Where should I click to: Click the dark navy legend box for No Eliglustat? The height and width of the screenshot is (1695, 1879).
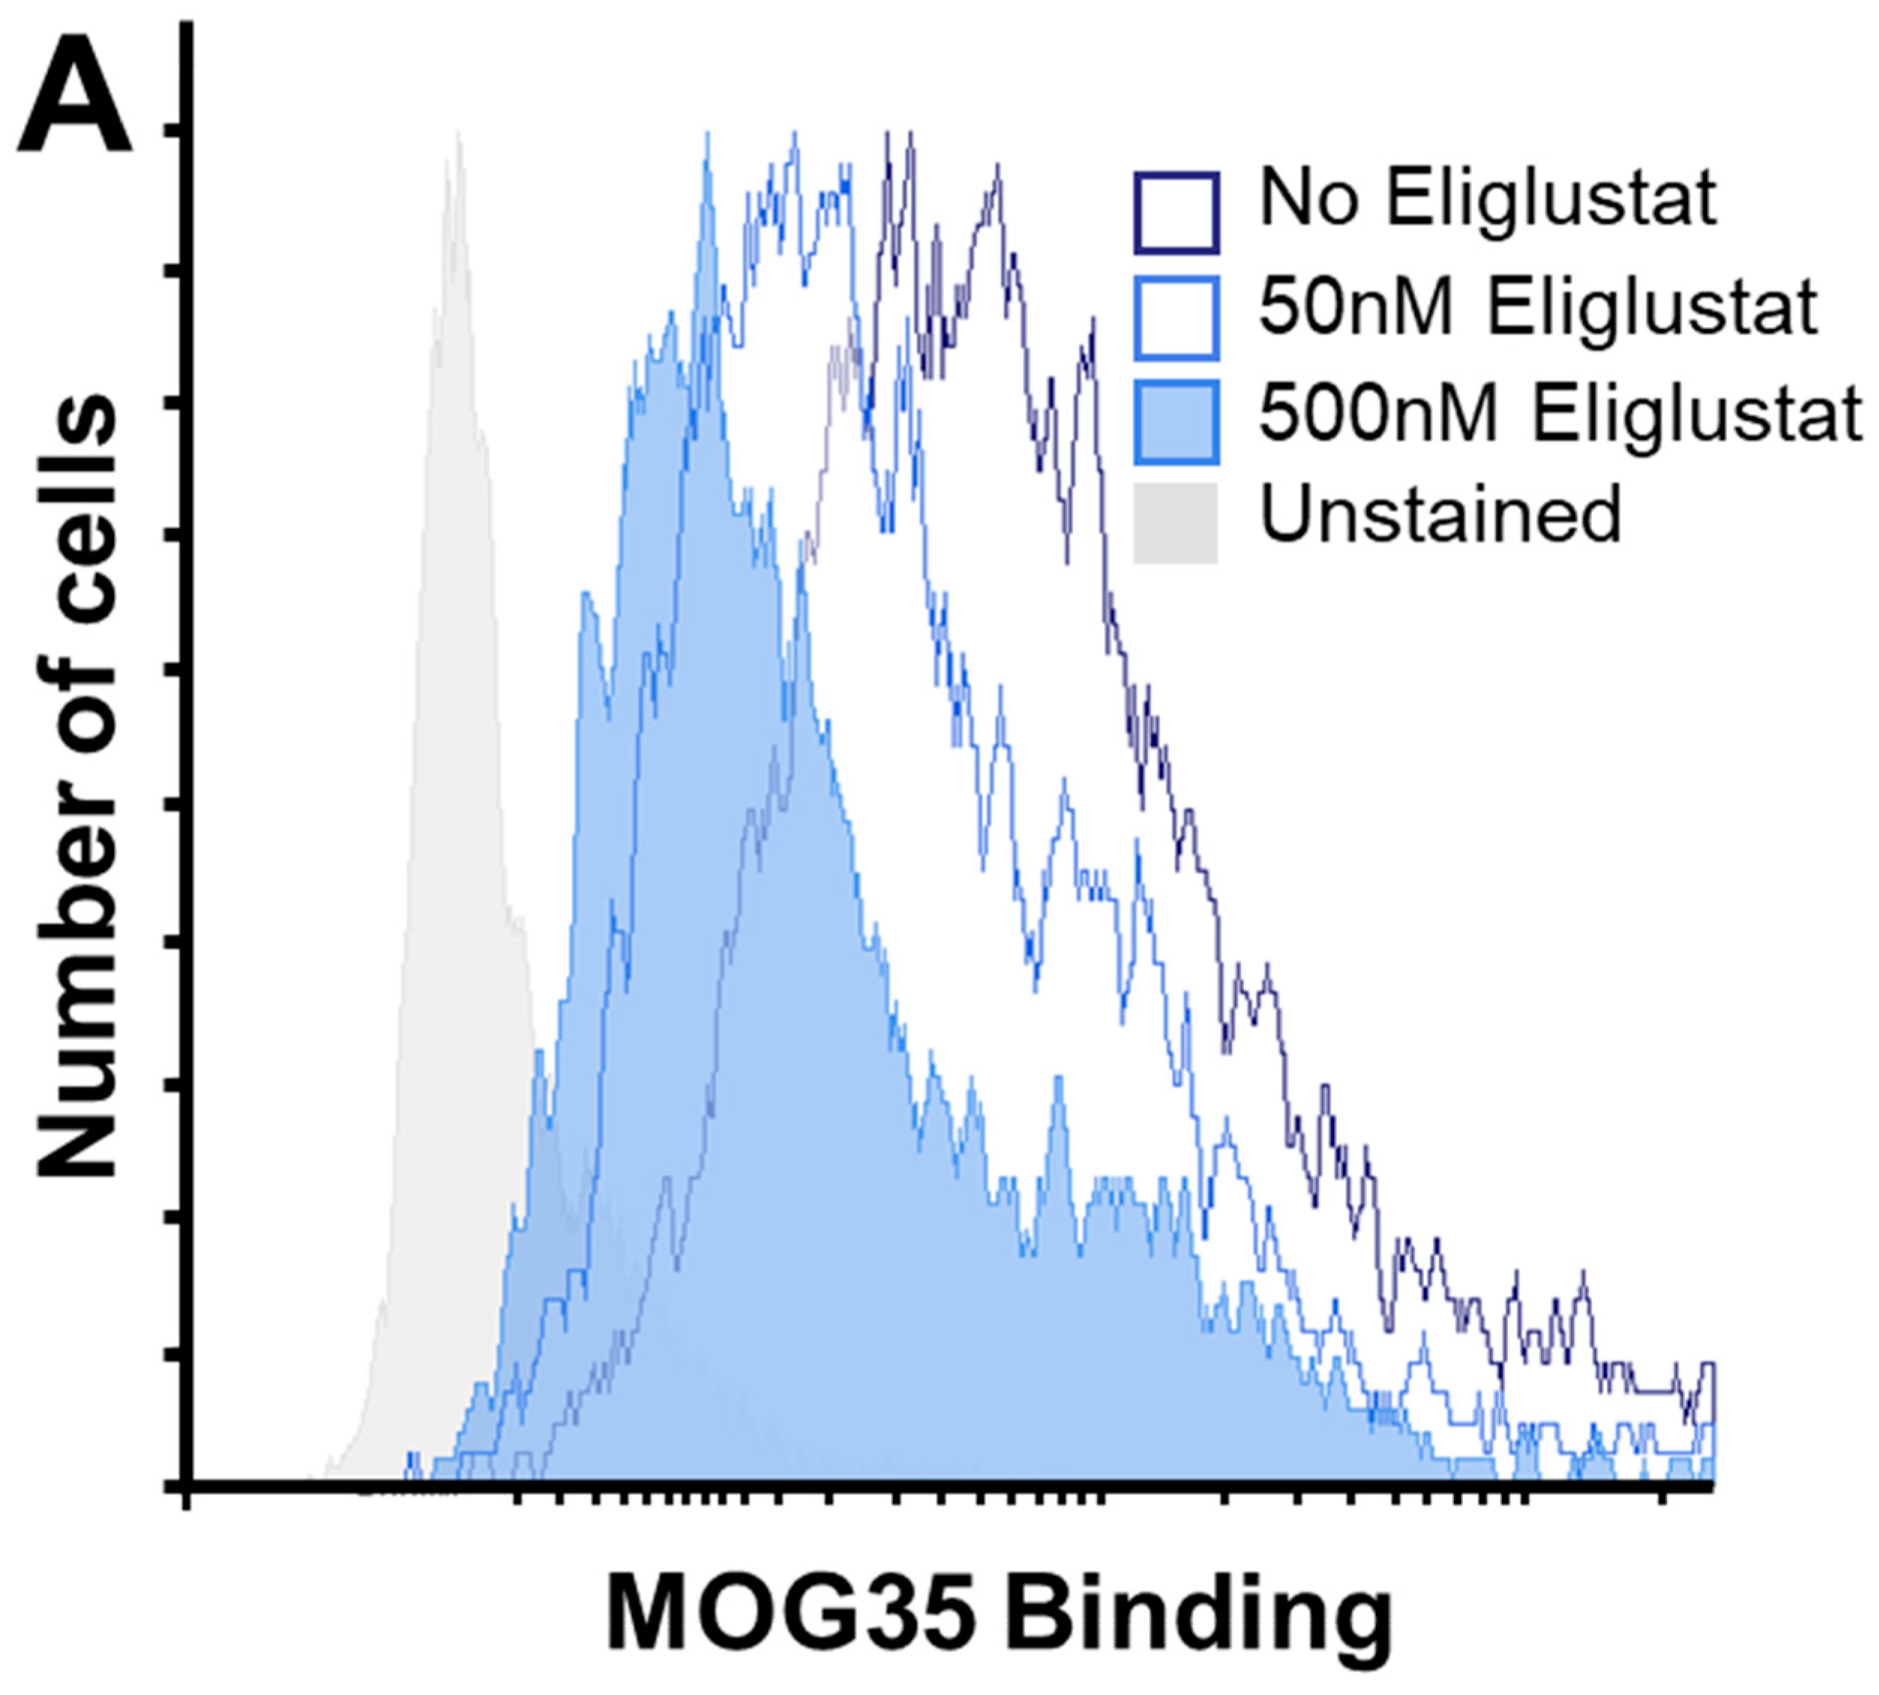pos(1176,212)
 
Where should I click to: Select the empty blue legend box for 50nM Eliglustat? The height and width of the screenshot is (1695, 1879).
pos(1176,319)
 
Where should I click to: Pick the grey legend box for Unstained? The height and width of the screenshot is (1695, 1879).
pos(1176,523)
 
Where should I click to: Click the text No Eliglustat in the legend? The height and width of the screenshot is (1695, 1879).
pos(1487,198)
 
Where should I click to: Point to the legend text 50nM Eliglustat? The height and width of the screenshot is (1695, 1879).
pos(1537,307)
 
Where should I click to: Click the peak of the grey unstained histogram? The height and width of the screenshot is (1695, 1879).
pos(458,135)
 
